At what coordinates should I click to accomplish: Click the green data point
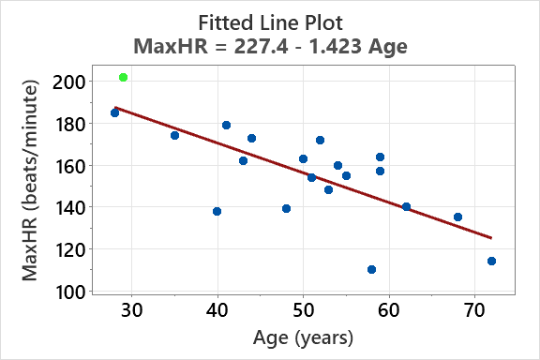point(123,77)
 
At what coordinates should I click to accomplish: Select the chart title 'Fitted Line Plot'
point(270,21)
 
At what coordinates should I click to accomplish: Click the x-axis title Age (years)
point(302,337)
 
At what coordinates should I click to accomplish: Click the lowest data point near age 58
point(371,269)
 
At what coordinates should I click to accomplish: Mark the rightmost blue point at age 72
point(491,261)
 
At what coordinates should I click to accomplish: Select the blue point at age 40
point(217,211)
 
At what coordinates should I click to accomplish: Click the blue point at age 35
point(174,135)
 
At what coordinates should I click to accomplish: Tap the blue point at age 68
point(457,217)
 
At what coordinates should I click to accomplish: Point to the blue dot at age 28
point(114,112)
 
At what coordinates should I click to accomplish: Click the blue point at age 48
point(286,208)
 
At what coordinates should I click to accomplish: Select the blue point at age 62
point(406,206)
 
